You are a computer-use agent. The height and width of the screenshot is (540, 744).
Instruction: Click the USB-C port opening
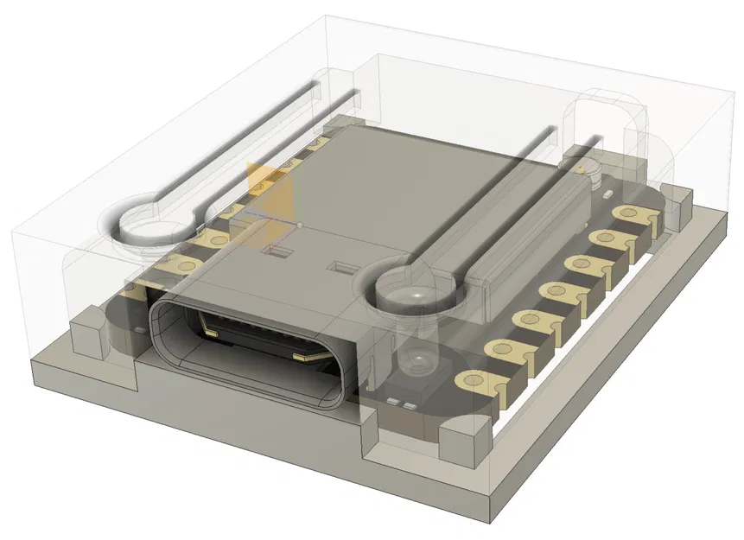[x=251, y=350]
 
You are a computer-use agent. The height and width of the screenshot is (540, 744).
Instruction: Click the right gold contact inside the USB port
[x=303, y=355]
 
